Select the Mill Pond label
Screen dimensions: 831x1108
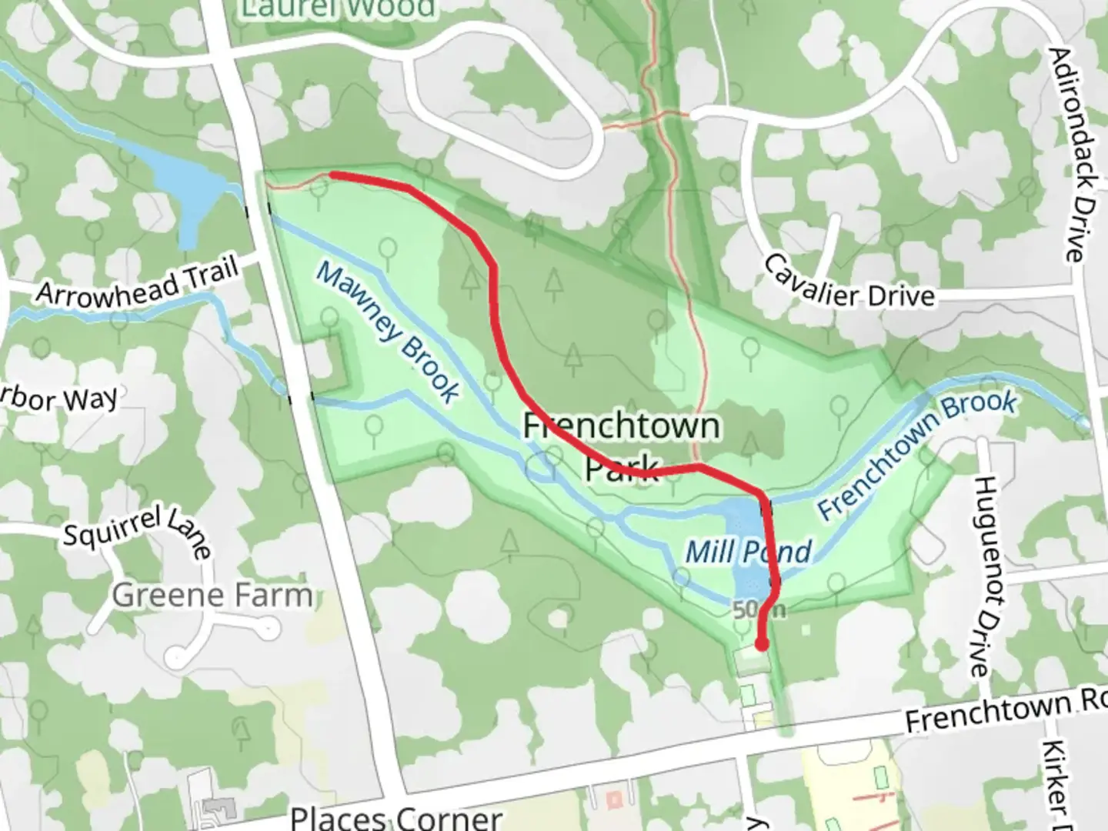click(x=748, y=552)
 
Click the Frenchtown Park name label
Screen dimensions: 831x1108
click(x=622, y=446)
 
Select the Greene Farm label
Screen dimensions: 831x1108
click(x=212, y=595)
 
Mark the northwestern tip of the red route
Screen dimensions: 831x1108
click(x=332, y=175)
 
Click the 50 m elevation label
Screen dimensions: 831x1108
click(x=759, y=610)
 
